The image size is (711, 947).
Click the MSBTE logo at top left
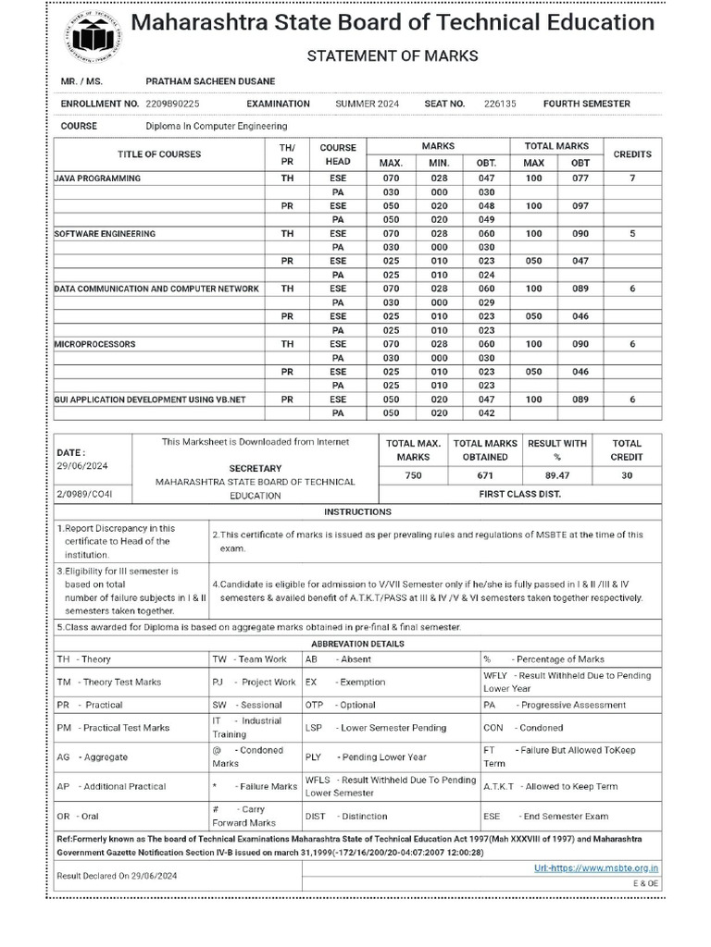tap(91, 36)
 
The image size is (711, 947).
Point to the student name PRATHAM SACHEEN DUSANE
tap(210, 82)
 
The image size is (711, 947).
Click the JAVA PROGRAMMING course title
tap(97, 178)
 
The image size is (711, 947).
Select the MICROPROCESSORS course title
tap(94, 344)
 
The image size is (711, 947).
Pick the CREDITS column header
tap(632, 154)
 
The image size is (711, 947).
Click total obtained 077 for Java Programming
tap(580, 178)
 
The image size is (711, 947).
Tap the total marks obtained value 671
tap(485, 475)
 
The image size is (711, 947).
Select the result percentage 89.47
tap(556, 475)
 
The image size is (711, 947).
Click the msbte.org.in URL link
tap(597, 867)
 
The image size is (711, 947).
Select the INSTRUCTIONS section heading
tap(357, 511)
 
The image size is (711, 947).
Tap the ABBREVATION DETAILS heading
tap(357, 643)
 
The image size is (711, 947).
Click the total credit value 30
tap(628, 475)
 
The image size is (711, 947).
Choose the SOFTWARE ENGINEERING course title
tap(105, 234)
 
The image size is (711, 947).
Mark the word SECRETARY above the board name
tap(256, 469)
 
